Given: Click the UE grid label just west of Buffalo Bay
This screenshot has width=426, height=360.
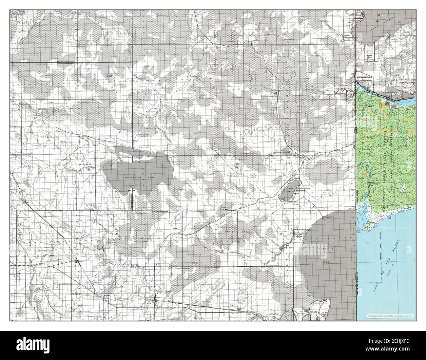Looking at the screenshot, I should [x=280, y=234].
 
